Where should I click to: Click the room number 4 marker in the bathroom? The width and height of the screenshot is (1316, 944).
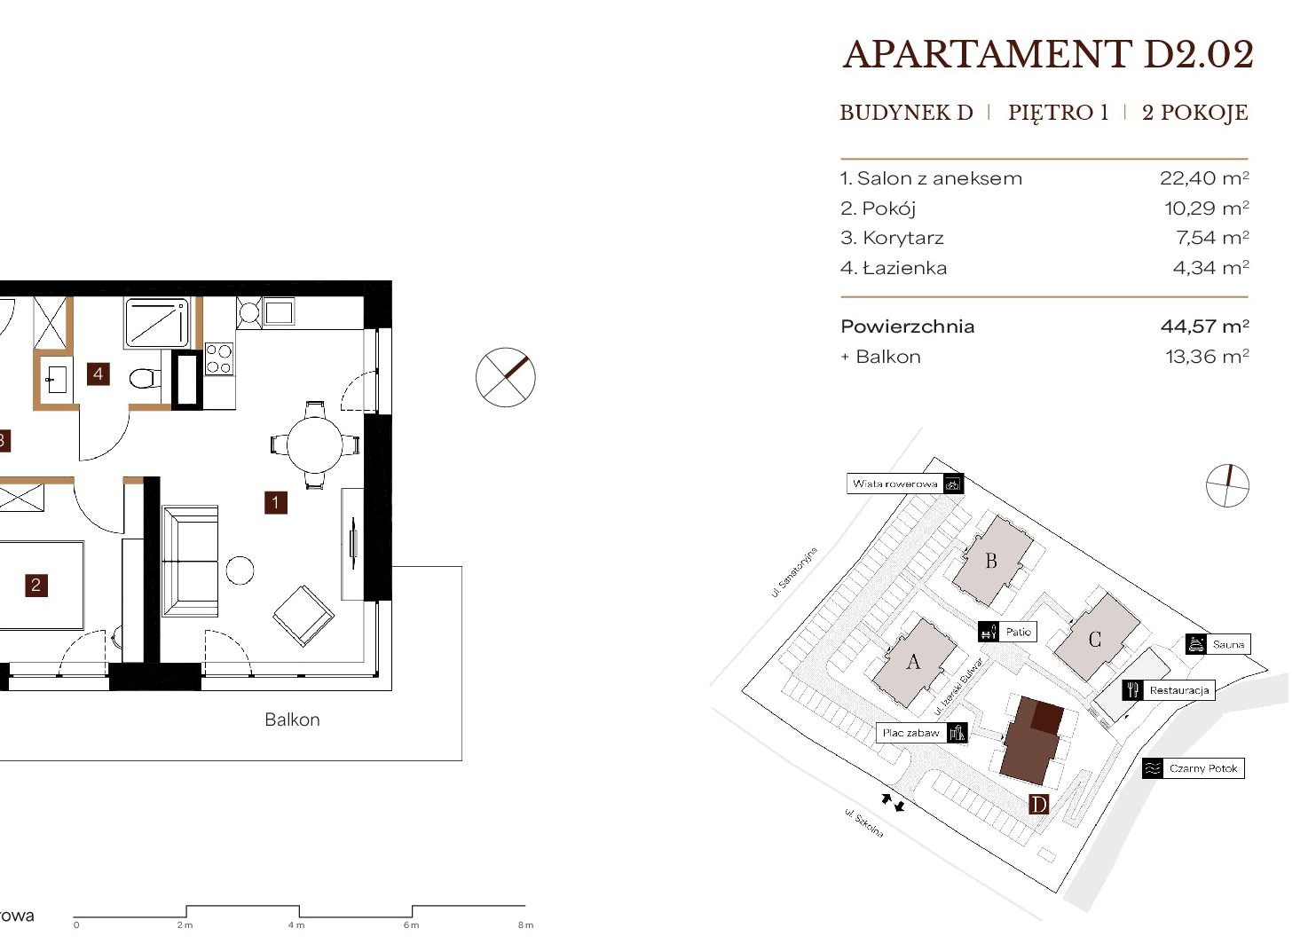(99, 374)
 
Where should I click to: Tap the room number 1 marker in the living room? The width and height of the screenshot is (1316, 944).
(276, 503)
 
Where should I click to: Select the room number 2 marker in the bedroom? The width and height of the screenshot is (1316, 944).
(35, 585)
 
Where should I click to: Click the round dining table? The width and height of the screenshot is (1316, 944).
(315, 444)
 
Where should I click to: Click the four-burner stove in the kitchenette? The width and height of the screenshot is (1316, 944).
(218, 359)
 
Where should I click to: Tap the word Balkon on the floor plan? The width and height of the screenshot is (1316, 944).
(292, 720)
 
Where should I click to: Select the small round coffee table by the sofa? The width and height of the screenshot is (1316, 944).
(240, 570)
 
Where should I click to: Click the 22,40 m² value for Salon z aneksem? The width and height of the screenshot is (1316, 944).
(1204, 178)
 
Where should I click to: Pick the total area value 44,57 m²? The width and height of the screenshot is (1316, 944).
(1204, 326)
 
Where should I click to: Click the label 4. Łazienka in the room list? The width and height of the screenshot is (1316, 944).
(894, 268)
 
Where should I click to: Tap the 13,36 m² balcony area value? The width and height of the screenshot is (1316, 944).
(1207, 357)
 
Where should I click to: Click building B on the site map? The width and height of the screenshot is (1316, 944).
(991, 561)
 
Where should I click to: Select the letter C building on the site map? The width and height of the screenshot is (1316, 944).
(1094, 639)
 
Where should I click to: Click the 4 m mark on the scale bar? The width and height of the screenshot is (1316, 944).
(296, 925)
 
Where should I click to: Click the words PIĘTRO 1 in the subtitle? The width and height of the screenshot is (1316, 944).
(1059, 112)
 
